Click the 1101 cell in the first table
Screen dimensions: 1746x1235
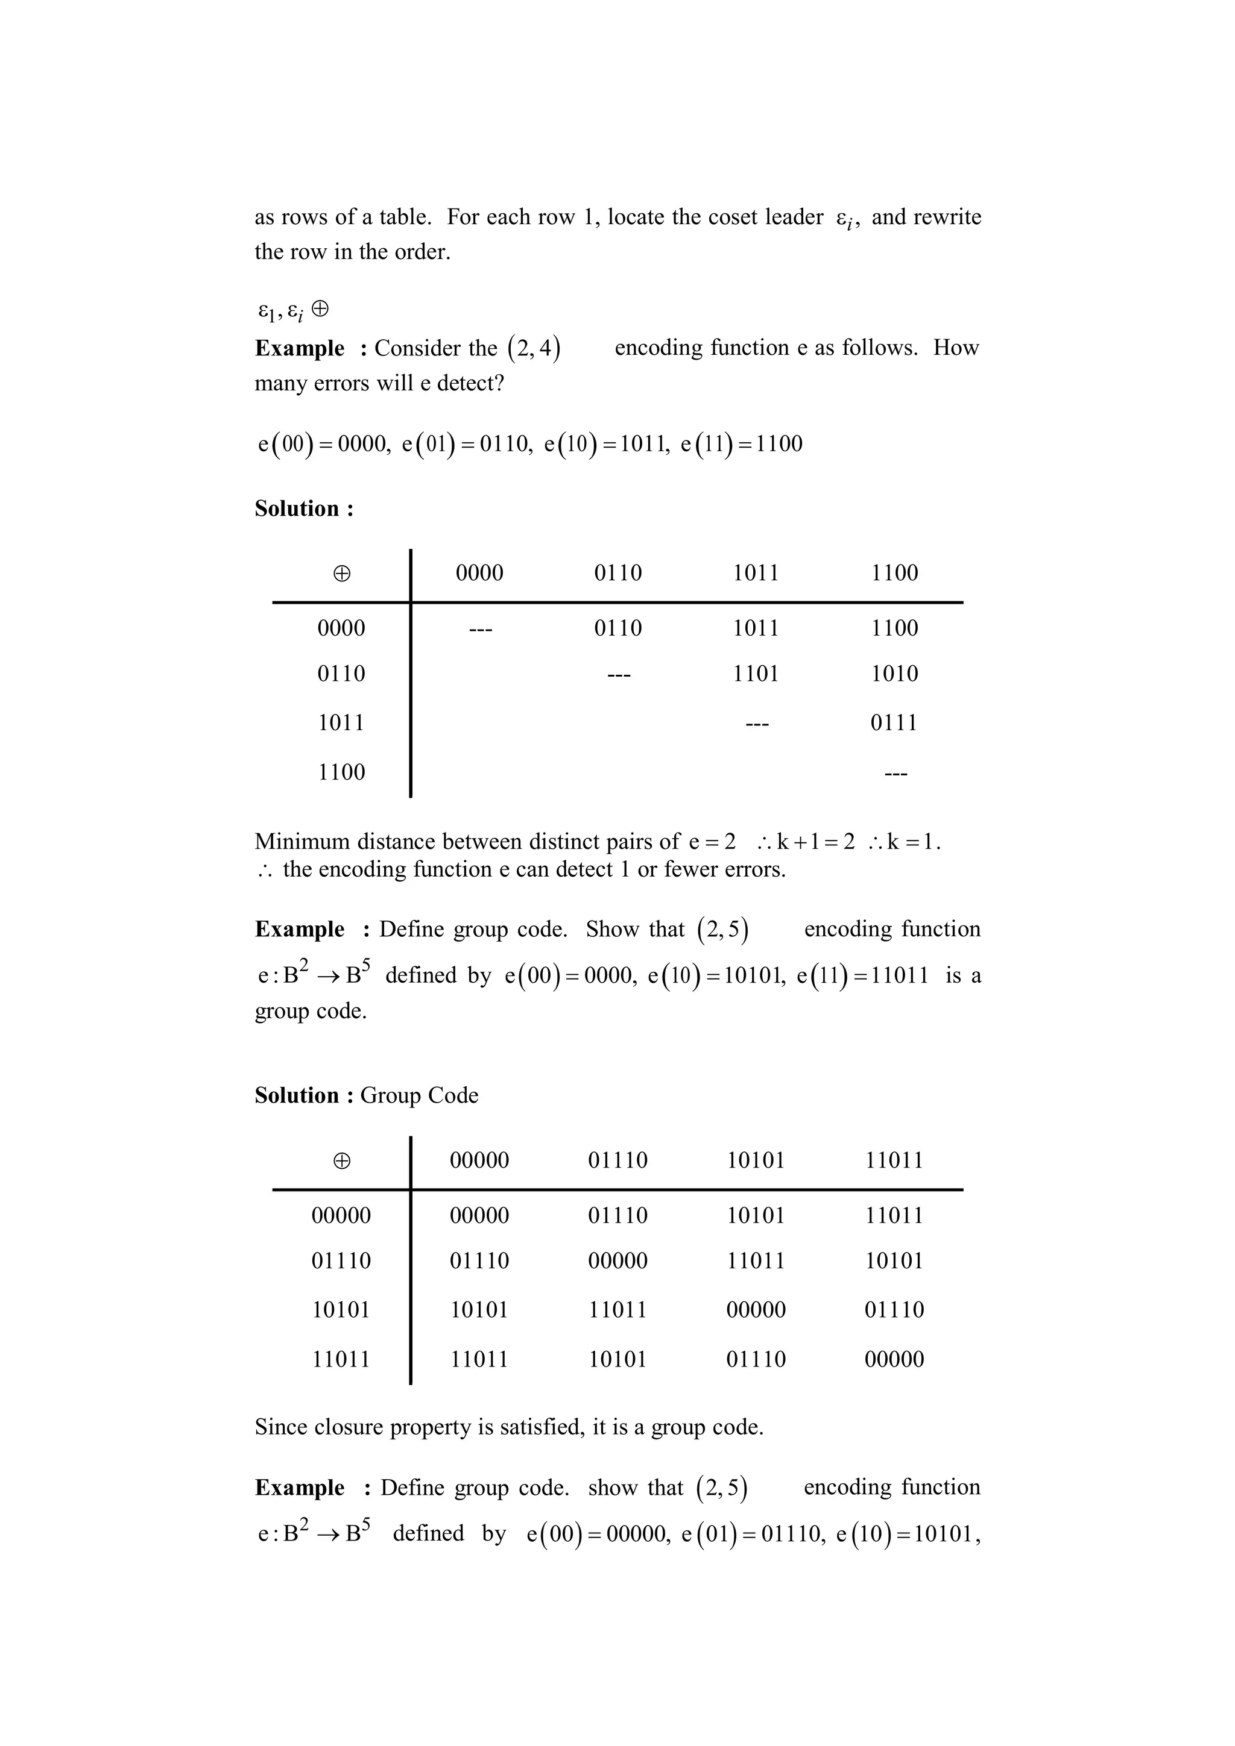755,674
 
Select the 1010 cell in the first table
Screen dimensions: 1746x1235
894,674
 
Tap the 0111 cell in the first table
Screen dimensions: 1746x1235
894,722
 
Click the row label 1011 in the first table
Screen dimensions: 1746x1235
341,722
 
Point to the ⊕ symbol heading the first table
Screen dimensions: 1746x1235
342,574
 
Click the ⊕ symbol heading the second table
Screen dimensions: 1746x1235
342,1161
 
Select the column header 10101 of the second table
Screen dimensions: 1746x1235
755,1160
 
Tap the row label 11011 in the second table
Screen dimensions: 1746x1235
341,1360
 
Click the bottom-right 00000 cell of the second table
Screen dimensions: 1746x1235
894,1360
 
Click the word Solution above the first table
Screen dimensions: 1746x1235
297,508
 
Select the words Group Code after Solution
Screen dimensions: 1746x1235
419,1095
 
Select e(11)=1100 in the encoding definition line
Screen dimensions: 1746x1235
741,443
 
